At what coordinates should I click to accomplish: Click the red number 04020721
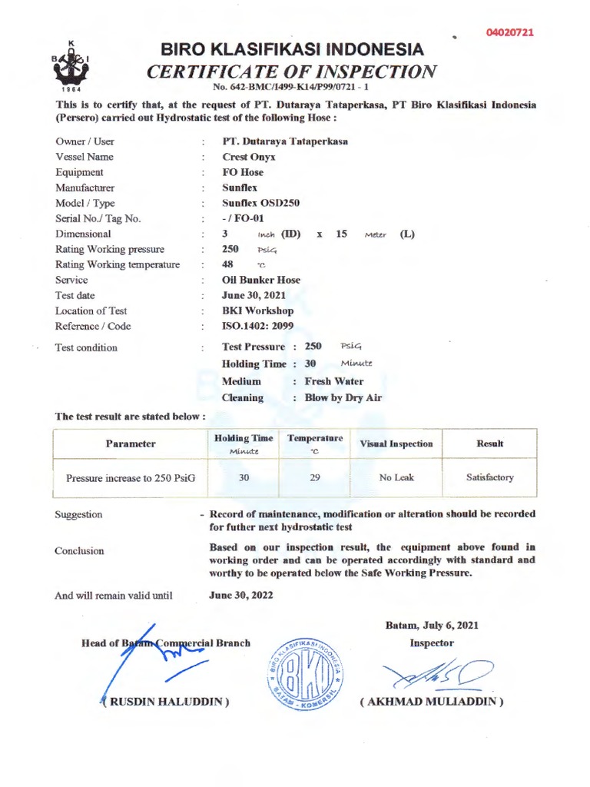coord(509,32)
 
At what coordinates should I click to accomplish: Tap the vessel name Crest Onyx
coord(249,157)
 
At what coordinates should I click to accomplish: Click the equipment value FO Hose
coord(243,172)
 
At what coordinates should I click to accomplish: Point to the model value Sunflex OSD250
coord(261,203)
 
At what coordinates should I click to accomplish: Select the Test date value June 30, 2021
coord(254,295)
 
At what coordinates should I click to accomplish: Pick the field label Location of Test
coord(91,310)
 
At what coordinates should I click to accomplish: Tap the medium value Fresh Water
coord(334,381)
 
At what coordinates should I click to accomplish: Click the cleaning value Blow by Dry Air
coord(343,397)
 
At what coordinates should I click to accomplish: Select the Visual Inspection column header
coord(396,443)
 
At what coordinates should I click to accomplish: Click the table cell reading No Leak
coord(396,477)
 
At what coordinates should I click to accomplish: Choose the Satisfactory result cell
coord(490,477)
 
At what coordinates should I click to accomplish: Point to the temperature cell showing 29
coord(315,477)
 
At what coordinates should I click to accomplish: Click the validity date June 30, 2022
coord(241,595)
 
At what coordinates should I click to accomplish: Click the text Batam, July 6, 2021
coord(432,626)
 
